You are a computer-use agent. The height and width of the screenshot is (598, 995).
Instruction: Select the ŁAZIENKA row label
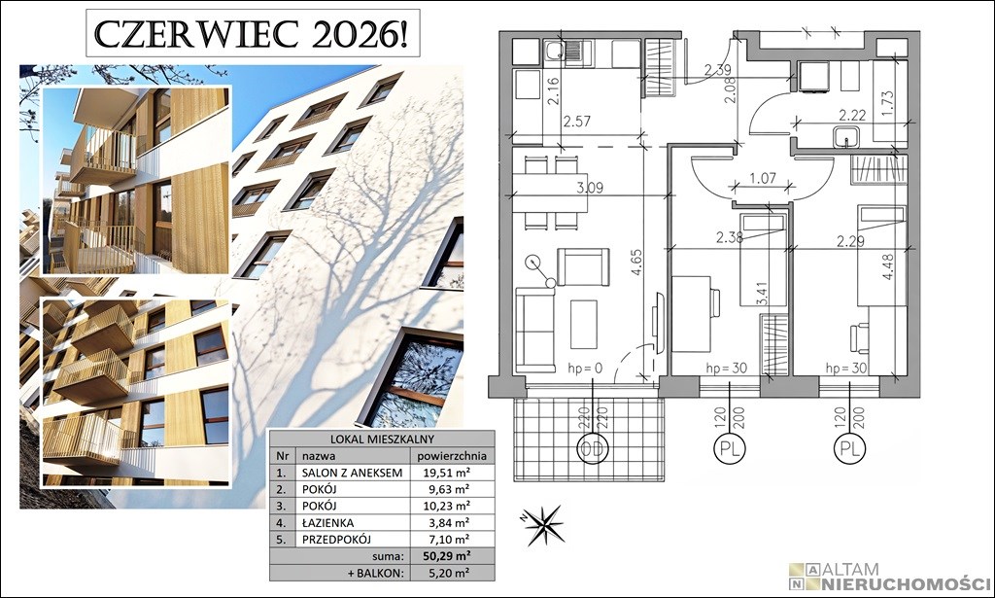point(327,522)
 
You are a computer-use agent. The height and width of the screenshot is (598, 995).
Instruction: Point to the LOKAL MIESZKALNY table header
point(382,439)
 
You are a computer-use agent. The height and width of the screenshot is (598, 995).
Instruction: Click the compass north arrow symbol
point(544,526)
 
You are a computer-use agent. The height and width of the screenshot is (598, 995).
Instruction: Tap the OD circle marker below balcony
point(592,449)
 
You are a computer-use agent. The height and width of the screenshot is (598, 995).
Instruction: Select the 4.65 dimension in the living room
point(636,262)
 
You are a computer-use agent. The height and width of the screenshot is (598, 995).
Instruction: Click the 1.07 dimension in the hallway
point(762,178)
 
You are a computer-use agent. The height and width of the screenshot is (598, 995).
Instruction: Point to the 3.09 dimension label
point(590,188)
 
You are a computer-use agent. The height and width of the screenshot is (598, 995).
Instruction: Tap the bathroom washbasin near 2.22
point(846,136)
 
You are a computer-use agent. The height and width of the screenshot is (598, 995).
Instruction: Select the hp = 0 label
point(585,368)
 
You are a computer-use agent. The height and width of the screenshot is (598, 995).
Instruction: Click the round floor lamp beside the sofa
point(533,262)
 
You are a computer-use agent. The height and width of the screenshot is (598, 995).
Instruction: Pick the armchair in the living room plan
point(583,267)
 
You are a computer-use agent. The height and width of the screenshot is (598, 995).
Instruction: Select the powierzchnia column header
point(451,456)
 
